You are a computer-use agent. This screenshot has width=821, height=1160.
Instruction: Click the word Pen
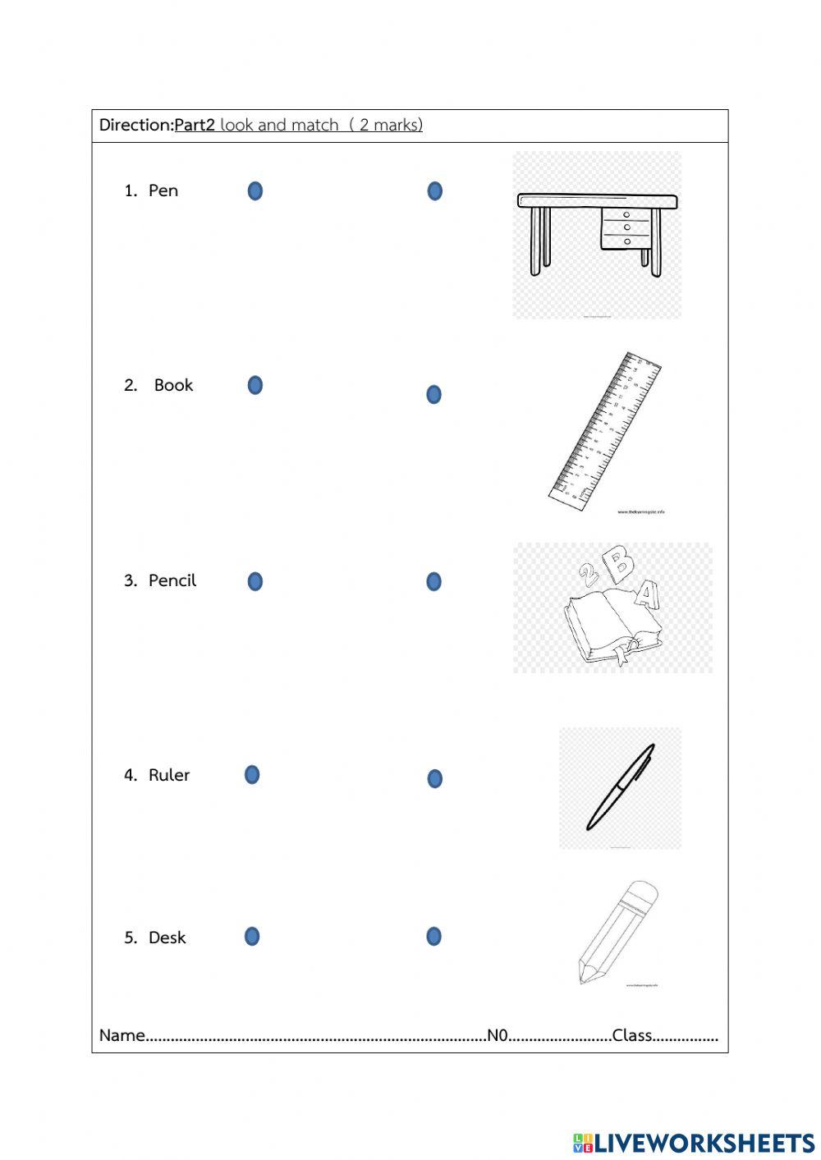(x=163, y=190)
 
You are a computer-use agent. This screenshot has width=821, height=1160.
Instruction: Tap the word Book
(x=173, y=385)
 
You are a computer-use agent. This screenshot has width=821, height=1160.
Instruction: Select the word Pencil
(x=172, y=580)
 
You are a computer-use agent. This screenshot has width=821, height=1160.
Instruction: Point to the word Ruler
(x=169, y=775)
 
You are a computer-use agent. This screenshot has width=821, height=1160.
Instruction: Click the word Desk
(x=167, y=938)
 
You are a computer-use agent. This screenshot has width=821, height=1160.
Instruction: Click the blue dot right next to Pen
(x=255, y=191)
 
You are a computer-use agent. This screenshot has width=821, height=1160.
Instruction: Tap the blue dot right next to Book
(x=255, y=385)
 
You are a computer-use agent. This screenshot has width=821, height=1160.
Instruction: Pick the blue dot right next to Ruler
(x=252, y=774)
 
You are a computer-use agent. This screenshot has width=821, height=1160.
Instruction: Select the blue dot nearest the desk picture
(x=434, y=191)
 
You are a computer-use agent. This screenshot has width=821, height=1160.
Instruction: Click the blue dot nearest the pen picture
(x=434, y=778)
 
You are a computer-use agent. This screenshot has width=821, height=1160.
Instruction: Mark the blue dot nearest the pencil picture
(x=433, y=936)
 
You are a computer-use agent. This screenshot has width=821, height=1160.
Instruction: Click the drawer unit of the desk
(x=628, y=227)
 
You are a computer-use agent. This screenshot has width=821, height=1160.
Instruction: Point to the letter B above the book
(x=620, y=563)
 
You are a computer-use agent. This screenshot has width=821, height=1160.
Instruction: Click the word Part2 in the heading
(x=195, y=125)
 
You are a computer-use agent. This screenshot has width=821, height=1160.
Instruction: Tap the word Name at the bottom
(x=122, y=1035)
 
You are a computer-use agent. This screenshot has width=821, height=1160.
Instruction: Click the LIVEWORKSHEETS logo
(x=694, y=1143)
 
